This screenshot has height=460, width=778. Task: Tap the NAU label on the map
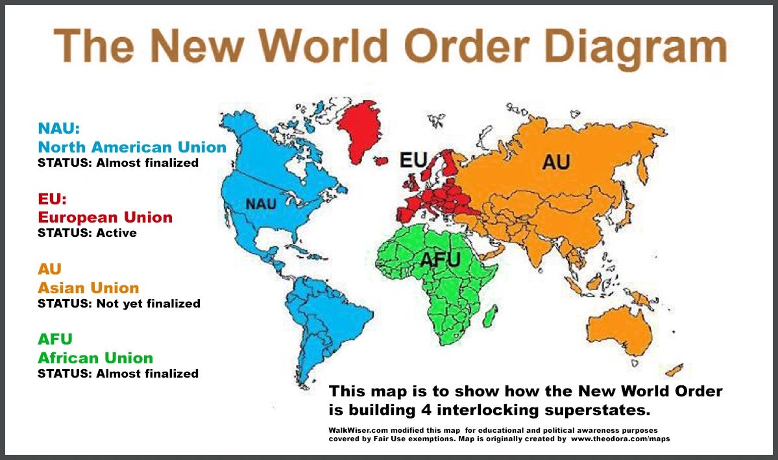pyautogui.click(x=261, y=204)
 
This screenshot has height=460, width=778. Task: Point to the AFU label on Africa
pyautogui.click(x=440, y=260)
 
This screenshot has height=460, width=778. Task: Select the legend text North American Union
pyautogui.click(x=132, y=147)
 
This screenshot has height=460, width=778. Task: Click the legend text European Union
pyautogui.click(x=105, y=217)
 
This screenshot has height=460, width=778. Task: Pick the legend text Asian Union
pyautogui.click(x=88, y=287)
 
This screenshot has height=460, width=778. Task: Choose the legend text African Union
pyautogui.click(x=95, y=357)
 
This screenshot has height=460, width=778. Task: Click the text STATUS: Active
pyautogui.click(x=87, y=232)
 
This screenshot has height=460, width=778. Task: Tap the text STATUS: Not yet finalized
pyautogui.click(x=119, y=303)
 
